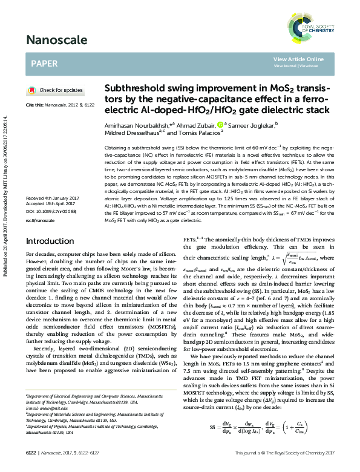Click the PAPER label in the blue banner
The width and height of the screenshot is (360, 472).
point(45,62)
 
